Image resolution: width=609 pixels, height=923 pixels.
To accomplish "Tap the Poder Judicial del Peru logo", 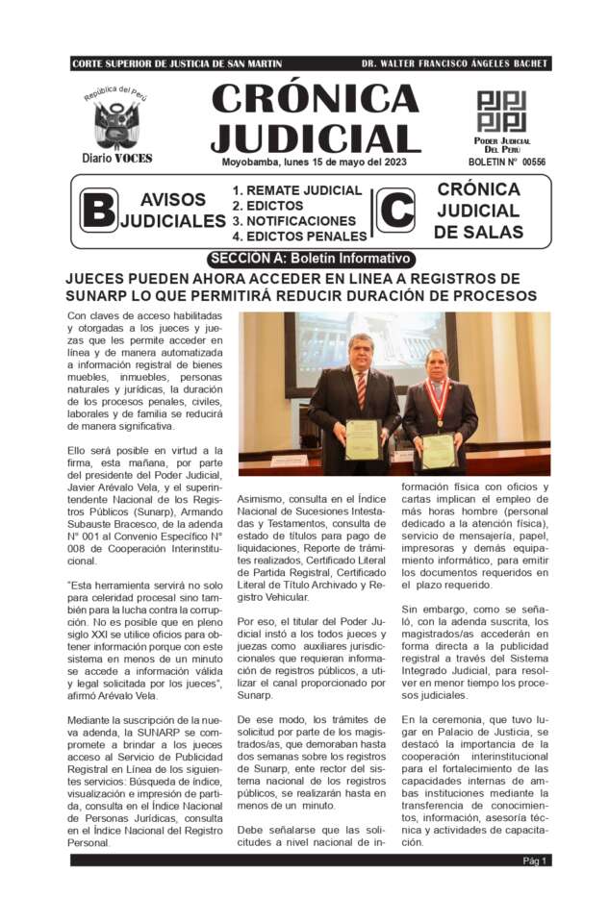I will tap(501, 112).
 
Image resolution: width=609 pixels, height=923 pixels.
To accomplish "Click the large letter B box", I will tap(98, 210).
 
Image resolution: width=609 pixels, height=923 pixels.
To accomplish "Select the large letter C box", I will tap(395, 210).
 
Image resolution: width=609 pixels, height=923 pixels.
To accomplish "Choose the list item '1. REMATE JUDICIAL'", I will tap(297, 190).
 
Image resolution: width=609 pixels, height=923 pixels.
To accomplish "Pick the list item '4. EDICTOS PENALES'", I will tap(299, 236).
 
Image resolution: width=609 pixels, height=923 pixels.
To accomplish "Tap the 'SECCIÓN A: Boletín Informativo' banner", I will tap(312, 259).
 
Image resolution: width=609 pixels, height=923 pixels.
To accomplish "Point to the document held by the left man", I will tap(362, 439).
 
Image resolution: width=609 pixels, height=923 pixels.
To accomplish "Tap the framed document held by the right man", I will tap(439, 451).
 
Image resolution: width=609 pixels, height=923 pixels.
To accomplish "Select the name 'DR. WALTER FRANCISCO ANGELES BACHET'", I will tap(454, 63).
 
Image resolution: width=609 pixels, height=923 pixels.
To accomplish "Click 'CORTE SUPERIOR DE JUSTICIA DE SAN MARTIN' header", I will tap(177, 63).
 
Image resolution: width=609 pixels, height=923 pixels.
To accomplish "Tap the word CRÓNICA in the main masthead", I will tap(315, 98).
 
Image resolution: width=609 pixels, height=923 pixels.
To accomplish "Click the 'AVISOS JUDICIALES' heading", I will tap(173, 211).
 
